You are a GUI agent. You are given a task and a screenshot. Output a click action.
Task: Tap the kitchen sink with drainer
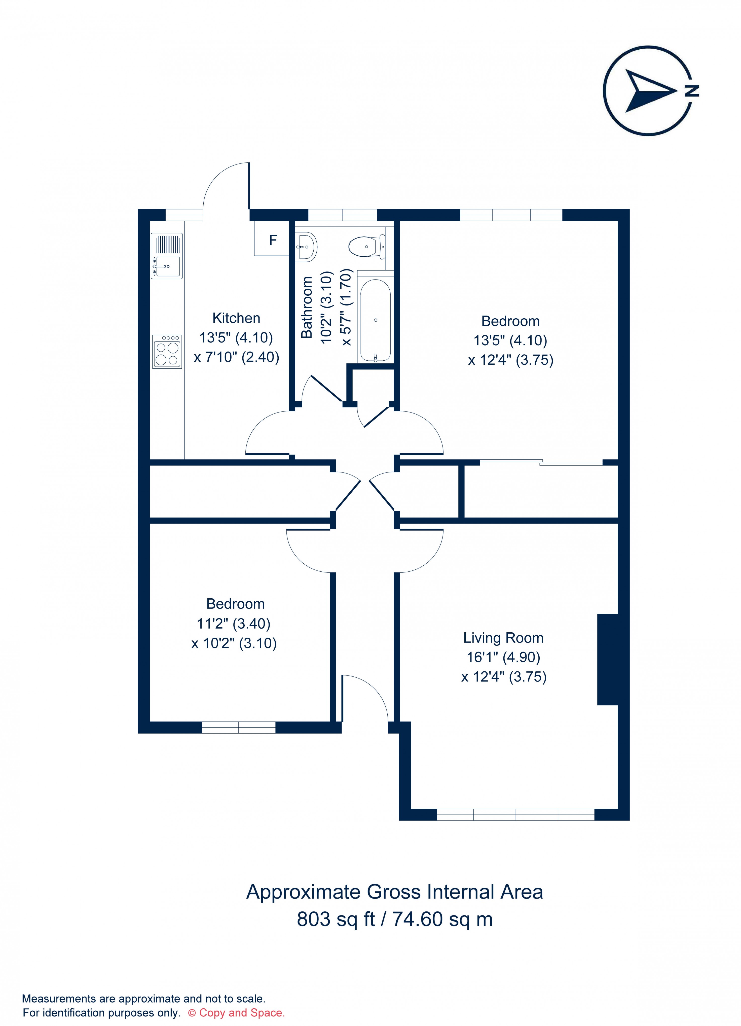[166, 256]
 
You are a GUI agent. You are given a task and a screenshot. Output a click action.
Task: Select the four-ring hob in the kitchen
[167, 352]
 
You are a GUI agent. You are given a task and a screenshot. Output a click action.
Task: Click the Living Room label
[503, 638]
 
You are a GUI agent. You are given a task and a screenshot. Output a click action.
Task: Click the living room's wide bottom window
[515, 814]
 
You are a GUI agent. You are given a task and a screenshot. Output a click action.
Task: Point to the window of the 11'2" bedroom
[238, 727]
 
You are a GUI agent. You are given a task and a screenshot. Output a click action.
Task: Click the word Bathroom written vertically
[307, 307]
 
